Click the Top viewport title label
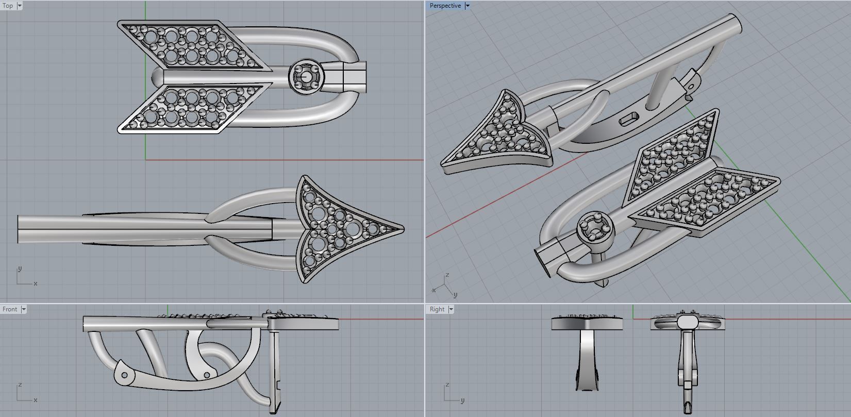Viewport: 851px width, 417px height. pyautogui.click(x=8, y=6)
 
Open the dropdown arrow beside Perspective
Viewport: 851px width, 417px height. pyautogui.click(x=468, y=6)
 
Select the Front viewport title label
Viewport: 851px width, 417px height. pyautogui.click(x=10, y=309)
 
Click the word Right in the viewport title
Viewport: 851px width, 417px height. pyautogui.click(x=437, y=309)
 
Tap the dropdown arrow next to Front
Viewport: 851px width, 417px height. pyautogui.click(x=24, y=309)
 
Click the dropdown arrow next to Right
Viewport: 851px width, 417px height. pyautogui.click(x=451, y=309)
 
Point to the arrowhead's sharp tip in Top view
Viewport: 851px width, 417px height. pyautogui.click(x=404, y=229)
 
